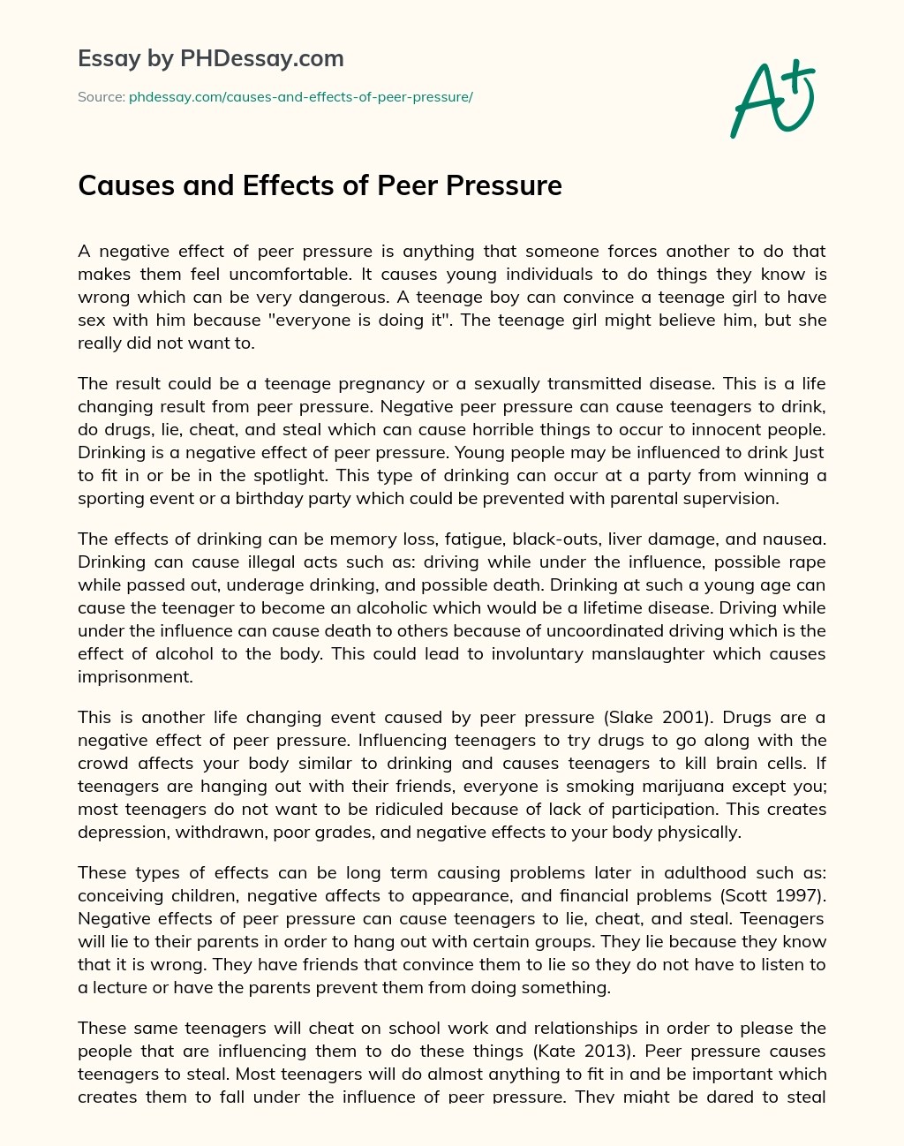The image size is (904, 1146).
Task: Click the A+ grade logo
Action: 772,99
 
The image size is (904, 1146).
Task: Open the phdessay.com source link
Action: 300,97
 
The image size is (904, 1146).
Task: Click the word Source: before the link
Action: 101,97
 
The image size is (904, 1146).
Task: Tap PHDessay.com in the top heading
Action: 261,59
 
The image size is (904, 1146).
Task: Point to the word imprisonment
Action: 135,676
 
